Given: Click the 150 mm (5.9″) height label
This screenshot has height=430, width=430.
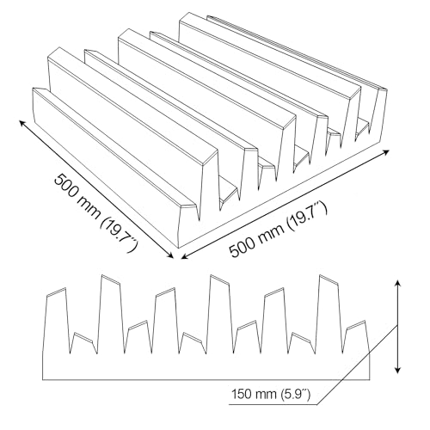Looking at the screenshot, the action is click(271, 395).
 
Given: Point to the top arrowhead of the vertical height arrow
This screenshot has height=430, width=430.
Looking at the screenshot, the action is click(397, 284).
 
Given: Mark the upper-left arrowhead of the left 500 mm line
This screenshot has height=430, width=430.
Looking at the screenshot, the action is click(22, 123).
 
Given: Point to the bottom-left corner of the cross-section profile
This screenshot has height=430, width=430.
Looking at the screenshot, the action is click(43, 380).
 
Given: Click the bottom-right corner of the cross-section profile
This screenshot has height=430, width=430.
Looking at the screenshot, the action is click(370, 380).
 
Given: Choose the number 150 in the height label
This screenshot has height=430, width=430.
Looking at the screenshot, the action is click(241, 395).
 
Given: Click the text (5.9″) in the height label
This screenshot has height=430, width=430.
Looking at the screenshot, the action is click(296, 395).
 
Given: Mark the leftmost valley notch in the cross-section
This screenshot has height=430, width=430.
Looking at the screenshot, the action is click(71, 353).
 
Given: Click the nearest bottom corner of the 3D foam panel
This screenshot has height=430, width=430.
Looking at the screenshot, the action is click(179, 247).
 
